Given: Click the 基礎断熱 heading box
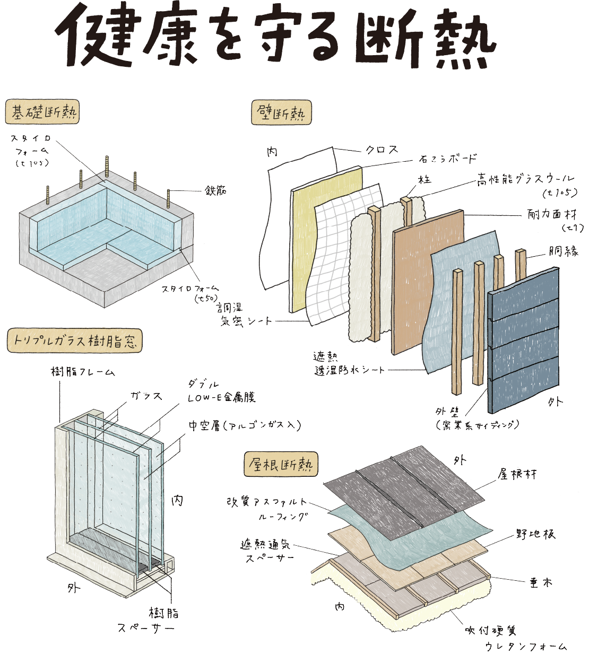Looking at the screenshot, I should coord(42,113).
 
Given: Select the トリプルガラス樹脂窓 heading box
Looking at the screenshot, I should coord(75,341).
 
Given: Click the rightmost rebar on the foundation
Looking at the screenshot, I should coord(169,199).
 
